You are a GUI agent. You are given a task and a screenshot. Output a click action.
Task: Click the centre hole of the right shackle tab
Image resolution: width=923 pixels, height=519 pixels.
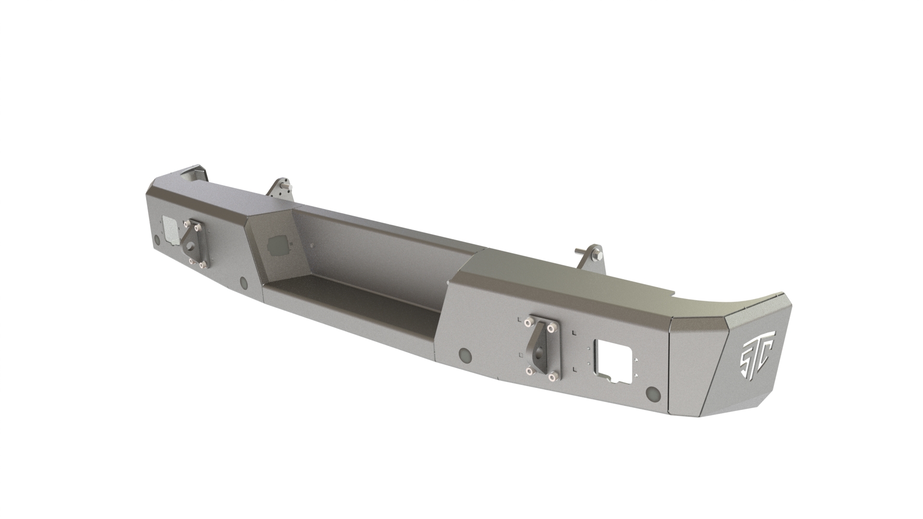(x=541, y=350)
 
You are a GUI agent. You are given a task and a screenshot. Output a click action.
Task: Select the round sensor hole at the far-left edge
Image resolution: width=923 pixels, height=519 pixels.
(x=157, y=239)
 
